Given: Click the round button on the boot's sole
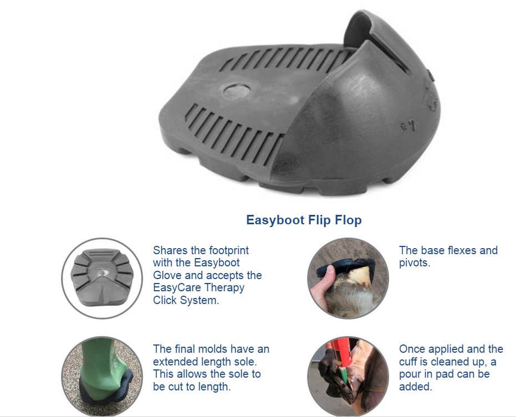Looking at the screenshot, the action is (237, 90).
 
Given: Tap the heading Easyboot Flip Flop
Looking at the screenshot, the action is (304, 220).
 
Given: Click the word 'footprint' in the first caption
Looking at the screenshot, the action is (229, 251).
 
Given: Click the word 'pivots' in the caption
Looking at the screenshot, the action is (413, 263).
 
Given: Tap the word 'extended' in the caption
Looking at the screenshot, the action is (175, 362).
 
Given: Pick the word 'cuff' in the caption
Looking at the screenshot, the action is (408, 362).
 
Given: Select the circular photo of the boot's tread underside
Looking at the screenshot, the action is (102, 278).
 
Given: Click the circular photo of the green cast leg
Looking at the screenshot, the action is (102, 376).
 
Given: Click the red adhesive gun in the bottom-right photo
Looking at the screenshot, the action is (340, 356).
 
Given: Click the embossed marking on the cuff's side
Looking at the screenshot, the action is (408, 125).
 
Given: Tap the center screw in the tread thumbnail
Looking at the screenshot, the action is (103, 272).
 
